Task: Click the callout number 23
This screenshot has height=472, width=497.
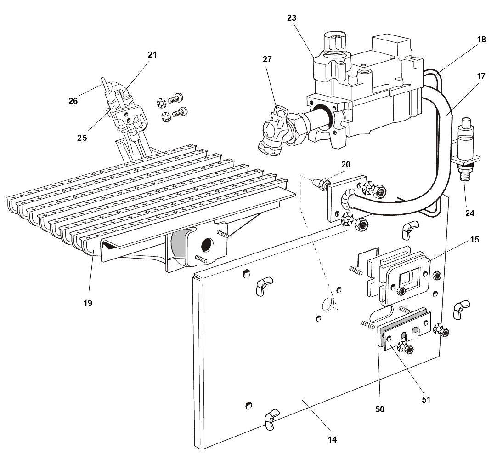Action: pyautogui.click(x=291, y=18)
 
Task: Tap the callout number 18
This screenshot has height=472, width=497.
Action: pyautogui.click(x=481, y=40)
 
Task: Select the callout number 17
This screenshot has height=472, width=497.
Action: pyautogui.click(x=481, y=76)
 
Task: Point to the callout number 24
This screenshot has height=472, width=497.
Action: pyautogui.click(x=469, y=213)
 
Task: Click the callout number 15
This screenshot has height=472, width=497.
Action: pyautogui.click(x=474, y=240)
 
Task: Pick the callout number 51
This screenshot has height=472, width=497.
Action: pyautogui.click(x=426, y=399)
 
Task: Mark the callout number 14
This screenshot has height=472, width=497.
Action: pyautogui.click(x=332, y=439)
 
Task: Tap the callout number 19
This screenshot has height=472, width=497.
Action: pyautogui.click(x=88, y=303)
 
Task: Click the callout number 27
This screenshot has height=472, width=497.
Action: pyautogui.click(x=267, y=59)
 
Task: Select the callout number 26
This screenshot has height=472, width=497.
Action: pyautogui.click(x=73, y=101)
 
